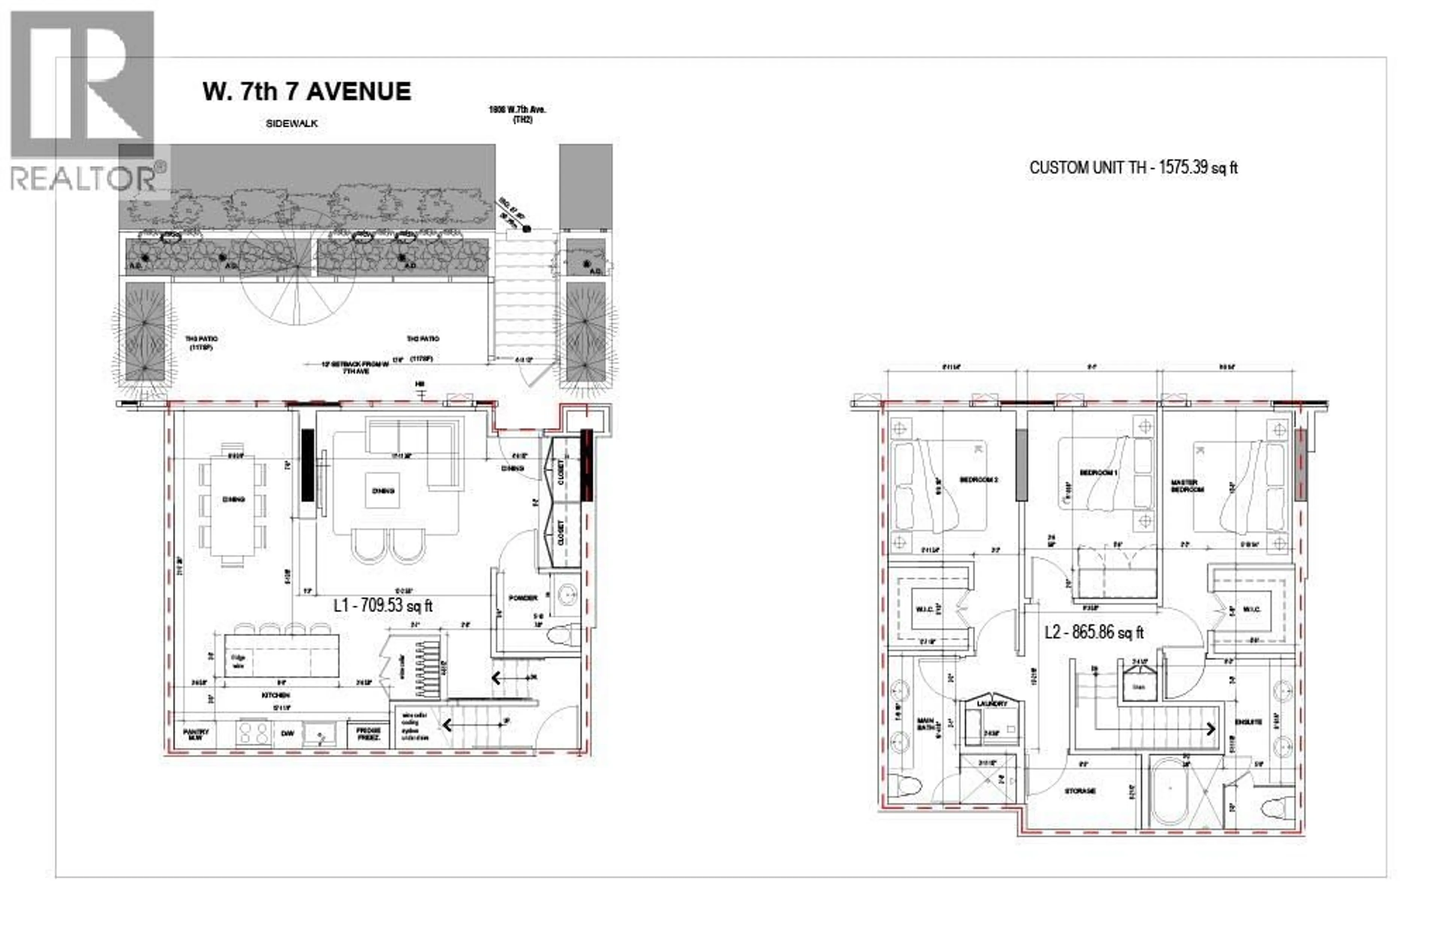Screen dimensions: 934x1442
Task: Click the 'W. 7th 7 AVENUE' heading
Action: coord(306,92)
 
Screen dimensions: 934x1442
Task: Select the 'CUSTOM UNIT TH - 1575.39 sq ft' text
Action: coord(1133,168)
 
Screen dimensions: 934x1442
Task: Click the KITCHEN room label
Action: coord(276,695)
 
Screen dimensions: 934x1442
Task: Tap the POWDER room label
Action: coord(522,598)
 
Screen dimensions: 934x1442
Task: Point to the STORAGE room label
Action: coord(1080,791)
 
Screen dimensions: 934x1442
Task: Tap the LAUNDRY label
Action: coord(992,703)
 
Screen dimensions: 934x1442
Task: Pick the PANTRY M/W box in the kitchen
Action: coord(196,735)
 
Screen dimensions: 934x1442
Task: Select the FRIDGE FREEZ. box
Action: coord(368,734)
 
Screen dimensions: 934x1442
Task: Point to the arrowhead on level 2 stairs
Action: coord(1211,728)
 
